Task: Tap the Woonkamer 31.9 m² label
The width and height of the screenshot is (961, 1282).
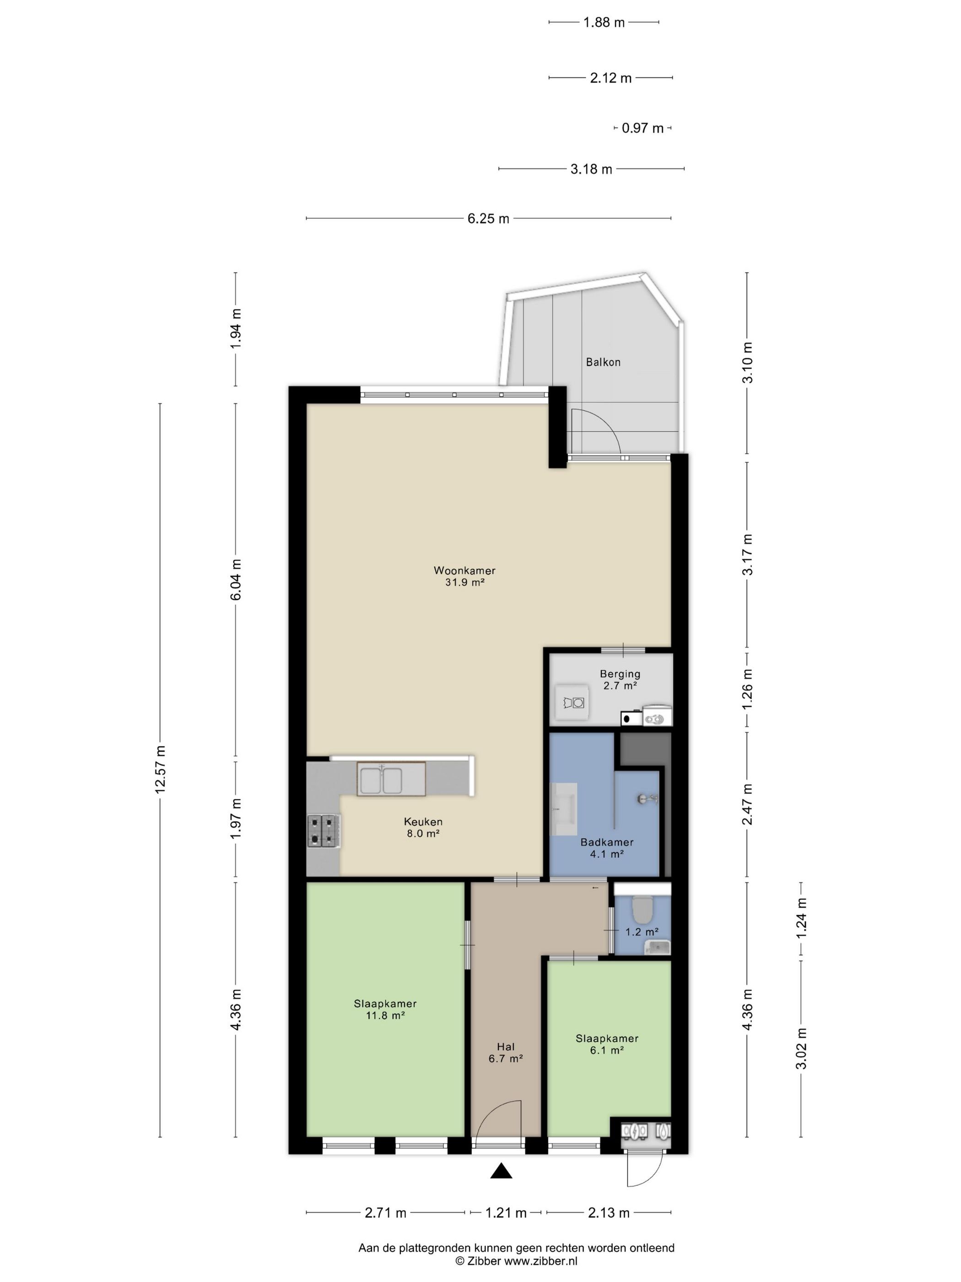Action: pos(464,576)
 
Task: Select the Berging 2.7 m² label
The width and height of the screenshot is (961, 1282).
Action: pos(620,679)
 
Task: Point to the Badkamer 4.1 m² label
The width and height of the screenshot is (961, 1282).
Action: pos(606,848)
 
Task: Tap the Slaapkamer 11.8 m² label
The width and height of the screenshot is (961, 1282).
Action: pos(385,1009)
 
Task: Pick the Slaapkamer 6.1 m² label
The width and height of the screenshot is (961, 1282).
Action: pos(606,1044)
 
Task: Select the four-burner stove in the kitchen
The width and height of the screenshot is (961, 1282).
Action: pos(323,831)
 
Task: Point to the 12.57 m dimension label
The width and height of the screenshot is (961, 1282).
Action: pos(161,769)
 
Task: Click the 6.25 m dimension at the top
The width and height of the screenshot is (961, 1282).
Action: pos(488,218)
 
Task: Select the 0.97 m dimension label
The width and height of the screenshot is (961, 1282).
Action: pos(642,128)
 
